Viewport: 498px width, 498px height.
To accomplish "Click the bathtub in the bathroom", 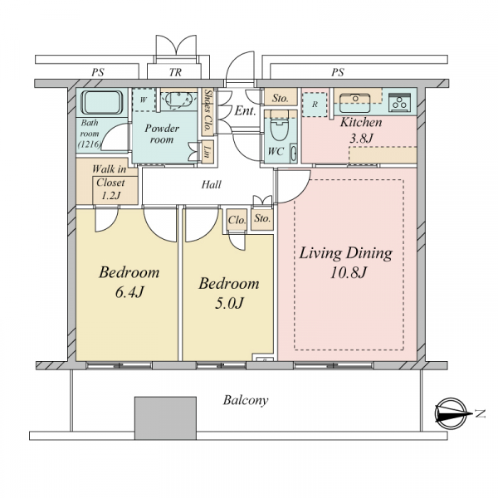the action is pos(101,102).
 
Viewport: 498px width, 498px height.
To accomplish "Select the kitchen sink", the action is pos(354,103).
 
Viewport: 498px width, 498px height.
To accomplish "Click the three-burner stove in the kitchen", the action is pos(399,102).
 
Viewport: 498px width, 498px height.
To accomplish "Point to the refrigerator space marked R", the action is pos(315,105).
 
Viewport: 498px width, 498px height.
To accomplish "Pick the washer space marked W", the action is pos(144,100).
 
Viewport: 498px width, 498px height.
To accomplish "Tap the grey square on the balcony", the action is pos(165,417).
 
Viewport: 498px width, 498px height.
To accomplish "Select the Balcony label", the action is pos(246,400).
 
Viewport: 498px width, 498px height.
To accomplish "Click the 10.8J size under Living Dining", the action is pos(349,272).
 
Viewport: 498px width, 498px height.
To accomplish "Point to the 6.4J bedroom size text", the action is pos(129,292).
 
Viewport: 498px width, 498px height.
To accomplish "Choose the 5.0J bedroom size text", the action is pos(229,303).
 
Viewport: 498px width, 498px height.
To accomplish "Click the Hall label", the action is pos(211,184).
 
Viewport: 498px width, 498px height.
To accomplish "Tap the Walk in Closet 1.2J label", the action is pos(110,182).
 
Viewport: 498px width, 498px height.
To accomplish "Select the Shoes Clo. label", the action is pos(207,110).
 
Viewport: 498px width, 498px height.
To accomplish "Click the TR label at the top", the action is pos(175,72).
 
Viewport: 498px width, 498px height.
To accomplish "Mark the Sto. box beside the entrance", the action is pos(281,97).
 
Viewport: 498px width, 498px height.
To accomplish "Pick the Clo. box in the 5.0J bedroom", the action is pos(237,219).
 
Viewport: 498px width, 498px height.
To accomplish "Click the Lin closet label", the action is pos(207,152).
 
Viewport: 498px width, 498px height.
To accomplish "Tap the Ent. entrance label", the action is pos(245,111).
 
